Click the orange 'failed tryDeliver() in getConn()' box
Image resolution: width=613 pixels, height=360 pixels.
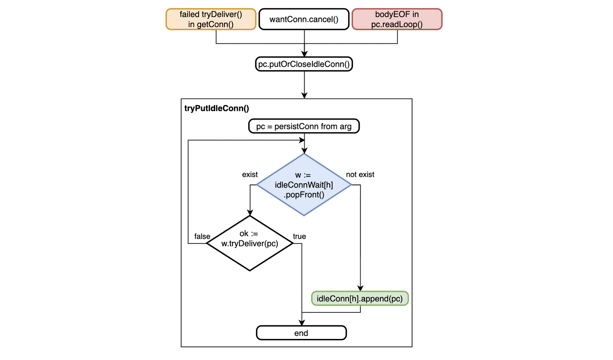coord(211,19)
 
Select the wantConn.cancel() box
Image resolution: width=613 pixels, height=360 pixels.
coord(304,19)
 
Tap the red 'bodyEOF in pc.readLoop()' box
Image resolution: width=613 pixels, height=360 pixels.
coord(397,19)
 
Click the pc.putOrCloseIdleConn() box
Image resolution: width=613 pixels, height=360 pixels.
coord(304,64)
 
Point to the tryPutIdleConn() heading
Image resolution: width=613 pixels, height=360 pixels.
coord(216,108)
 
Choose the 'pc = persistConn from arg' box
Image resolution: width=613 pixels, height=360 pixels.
coord(304,126)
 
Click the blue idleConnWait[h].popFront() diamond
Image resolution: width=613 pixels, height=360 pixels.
coord(304,185)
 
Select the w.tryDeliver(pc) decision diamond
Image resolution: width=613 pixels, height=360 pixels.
coord(250,243)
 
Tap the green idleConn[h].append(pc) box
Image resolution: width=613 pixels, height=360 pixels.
coord(360,299)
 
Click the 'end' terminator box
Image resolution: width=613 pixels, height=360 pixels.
coord(301,333)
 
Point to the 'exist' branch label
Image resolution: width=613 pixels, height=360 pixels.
coord(250,174)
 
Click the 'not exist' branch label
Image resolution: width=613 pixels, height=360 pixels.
coord(360,174)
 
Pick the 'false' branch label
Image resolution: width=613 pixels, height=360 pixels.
coord(202,236)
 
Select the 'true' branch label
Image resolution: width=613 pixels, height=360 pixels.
coord(299,236)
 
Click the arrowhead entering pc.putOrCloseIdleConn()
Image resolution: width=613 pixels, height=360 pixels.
coord(304,54)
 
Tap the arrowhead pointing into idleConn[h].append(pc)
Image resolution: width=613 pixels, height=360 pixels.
coord(360,288)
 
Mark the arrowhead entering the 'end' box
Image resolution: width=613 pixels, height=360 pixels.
coord(302,323)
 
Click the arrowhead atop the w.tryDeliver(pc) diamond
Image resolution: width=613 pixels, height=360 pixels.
coord(250,213)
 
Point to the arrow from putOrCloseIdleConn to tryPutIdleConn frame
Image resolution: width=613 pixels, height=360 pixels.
coord(304,84)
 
